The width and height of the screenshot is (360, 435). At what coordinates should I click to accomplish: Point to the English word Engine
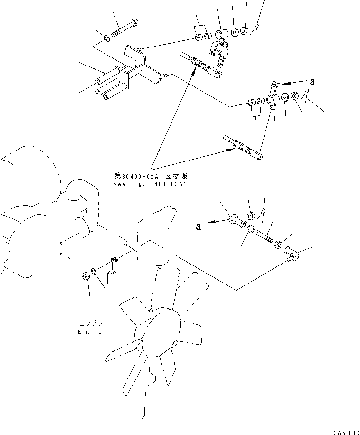(90, 332)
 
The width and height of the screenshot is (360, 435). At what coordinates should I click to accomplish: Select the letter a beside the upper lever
(313, 81)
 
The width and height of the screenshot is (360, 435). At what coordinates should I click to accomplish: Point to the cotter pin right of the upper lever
(306, 95)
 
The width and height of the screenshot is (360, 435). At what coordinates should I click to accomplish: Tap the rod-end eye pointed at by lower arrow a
(234, 219)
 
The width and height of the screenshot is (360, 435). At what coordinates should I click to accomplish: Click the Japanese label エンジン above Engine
(90, 323)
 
